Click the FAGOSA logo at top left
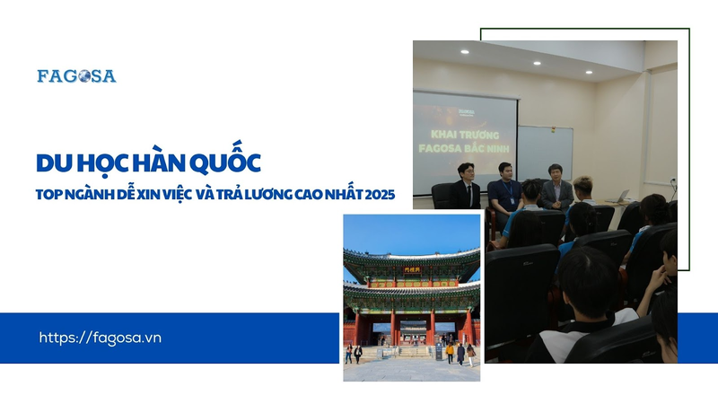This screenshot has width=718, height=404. coord(76,76)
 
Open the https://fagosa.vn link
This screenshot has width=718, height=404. coord(101,338)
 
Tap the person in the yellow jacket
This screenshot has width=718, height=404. coord(449,351)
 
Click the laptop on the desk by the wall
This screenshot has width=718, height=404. coord(622,195)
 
